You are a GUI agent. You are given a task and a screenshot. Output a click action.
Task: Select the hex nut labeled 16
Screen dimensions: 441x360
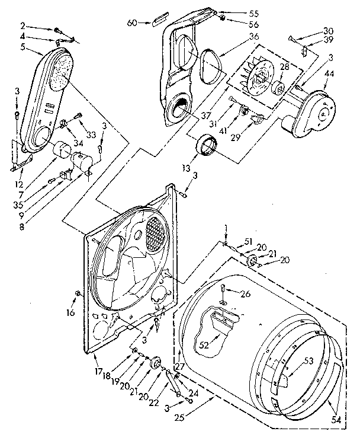point(79,295)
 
